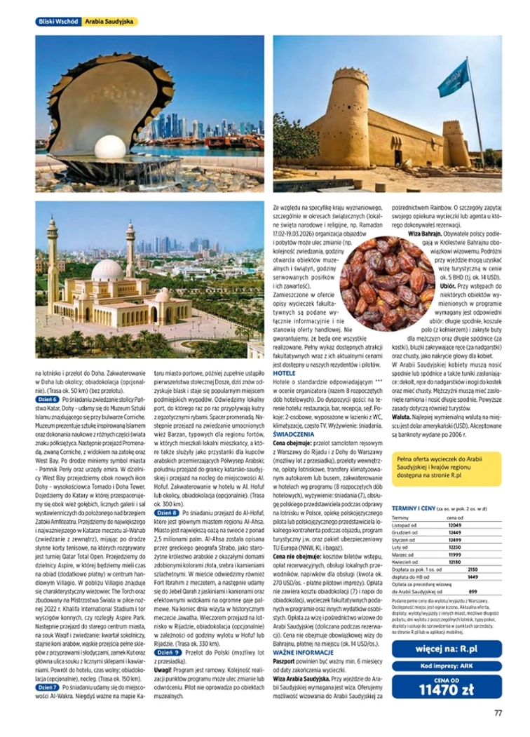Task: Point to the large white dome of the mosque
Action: click(x=107, y=270)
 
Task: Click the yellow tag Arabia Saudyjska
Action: click(x=109, y=22)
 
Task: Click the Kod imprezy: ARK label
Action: click(x=447, y=665)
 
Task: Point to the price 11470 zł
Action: click(x=447, y=689)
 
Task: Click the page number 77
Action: click(x=497, y=714)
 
